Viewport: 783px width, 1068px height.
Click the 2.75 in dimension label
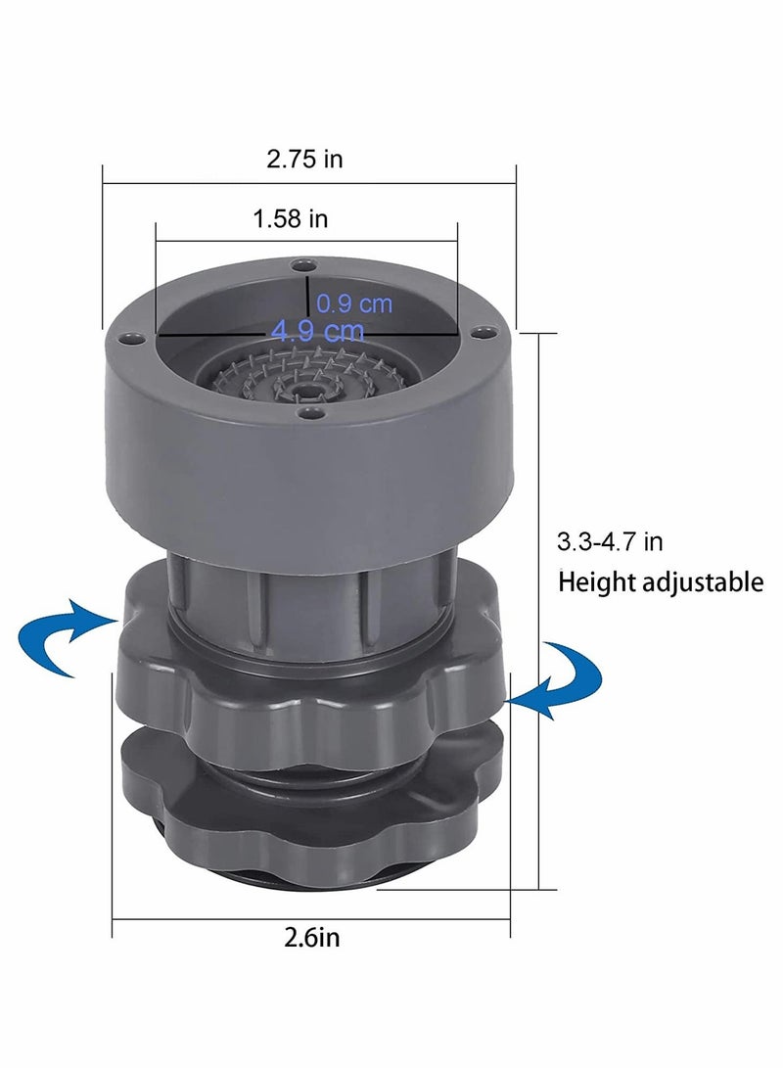point(304,159)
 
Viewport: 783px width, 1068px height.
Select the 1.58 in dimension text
point(291,218)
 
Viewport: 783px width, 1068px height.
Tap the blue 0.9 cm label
point(354,303)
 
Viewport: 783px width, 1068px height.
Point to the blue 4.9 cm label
point(318,331)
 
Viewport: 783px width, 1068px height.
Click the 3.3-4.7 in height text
point(610,542)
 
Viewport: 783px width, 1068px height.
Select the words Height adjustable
point(661,582)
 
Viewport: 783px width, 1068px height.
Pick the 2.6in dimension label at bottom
point(312,937)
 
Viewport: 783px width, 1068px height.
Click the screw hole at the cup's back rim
point(301,265)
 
